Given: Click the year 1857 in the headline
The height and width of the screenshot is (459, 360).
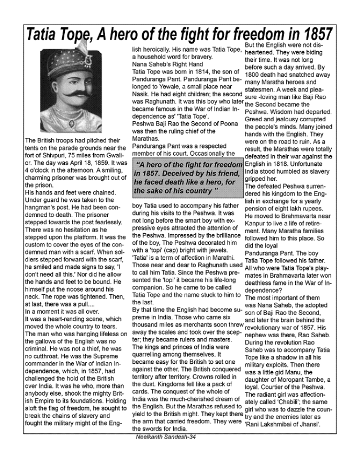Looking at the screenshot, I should (313, 36).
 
